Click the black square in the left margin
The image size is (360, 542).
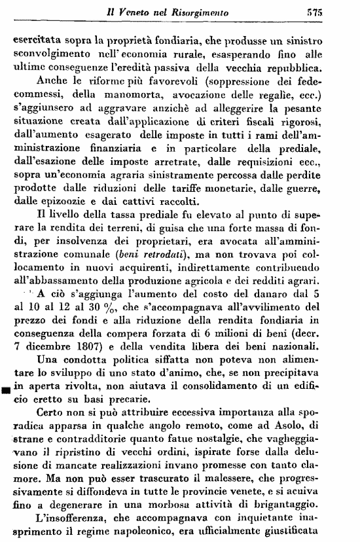click(6, 390)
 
